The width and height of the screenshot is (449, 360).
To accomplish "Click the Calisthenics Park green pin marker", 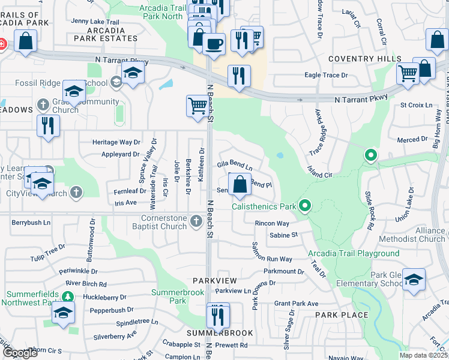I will (305, 206).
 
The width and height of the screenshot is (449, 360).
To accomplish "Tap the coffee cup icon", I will (214, 43).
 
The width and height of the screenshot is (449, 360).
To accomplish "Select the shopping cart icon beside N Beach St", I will (197, 106).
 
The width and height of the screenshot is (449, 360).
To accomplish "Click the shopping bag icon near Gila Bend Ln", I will (240, 184).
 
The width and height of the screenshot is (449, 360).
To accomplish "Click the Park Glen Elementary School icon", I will (414, 280).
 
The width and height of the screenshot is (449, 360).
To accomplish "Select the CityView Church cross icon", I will (76, 193).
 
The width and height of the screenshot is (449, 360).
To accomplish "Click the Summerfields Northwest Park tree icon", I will (68, 296).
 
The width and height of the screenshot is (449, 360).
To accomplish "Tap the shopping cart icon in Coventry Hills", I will (408, 73).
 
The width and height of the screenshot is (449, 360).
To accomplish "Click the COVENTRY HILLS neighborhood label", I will (365, 59).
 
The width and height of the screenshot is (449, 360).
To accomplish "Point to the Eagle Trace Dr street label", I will (326, 75).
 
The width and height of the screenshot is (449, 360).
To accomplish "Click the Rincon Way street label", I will (271, 223).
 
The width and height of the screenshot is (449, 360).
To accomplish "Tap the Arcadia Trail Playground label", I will (354, 254).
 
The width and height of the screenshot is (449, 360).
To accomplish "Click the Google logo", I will (20, 353).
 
